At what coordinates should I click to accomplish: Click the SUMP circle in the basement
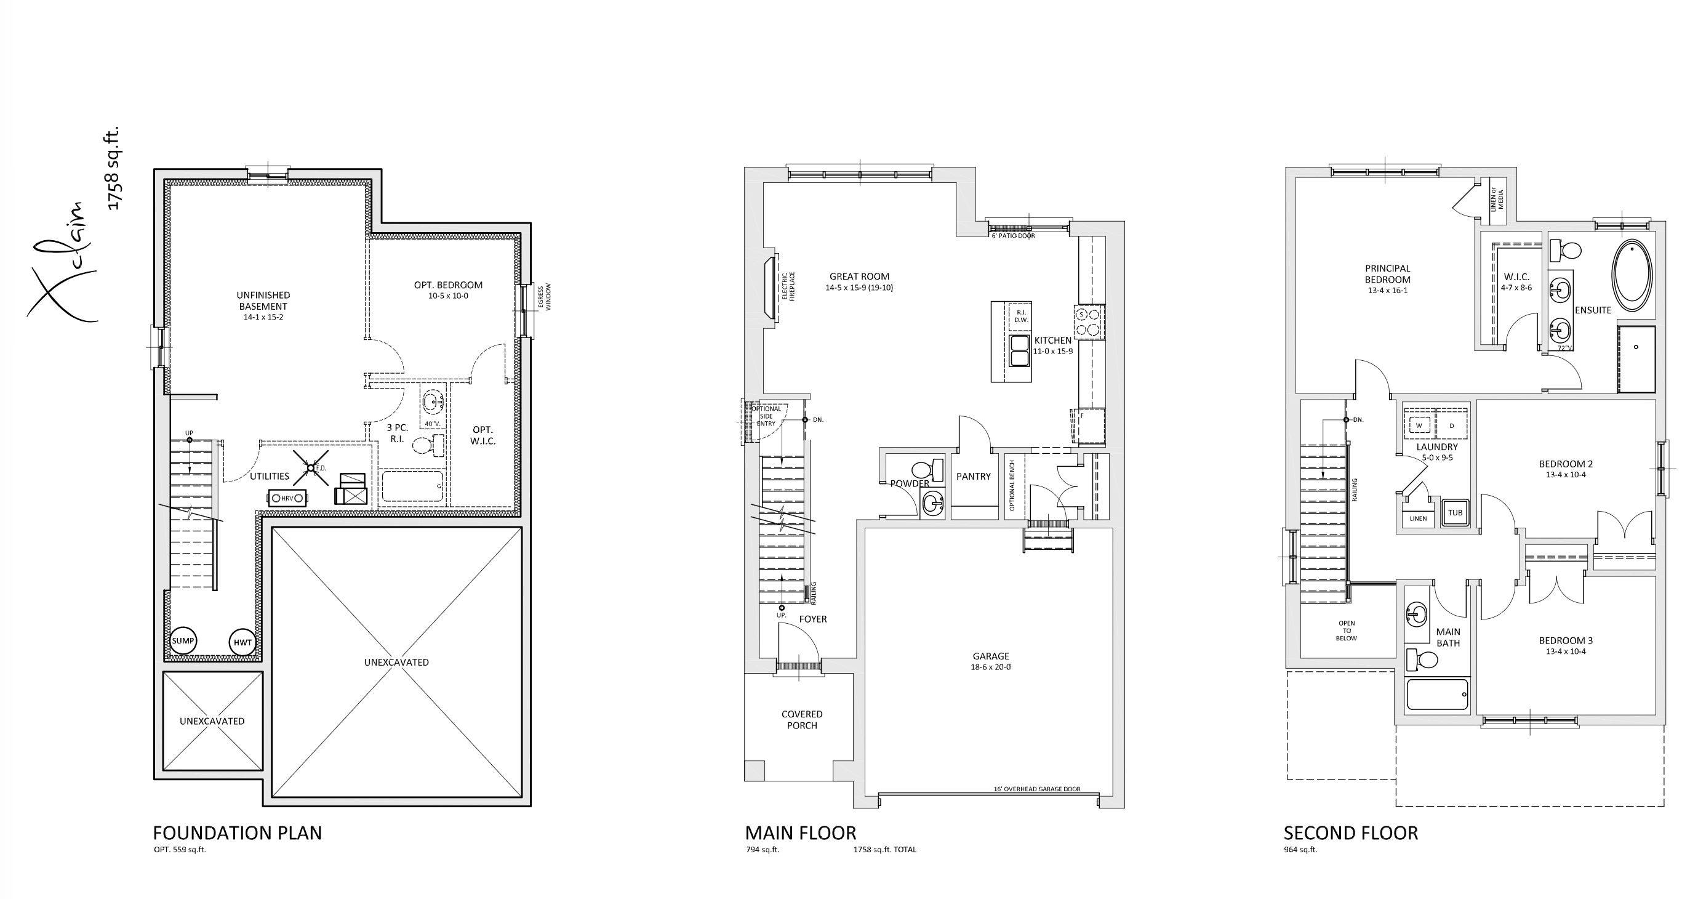click(183, 640)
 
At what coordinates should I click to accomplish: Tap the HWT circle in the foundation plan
click(241, 642)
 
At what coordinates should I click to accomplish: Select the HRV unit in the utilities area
click(287, 498)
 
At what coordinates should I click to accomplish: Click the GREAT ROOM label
click(859, 276)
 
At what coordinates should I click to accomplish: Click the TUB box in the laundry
click(1455, 512)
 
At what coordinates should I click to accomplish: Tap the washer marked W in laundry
click(1419, 425)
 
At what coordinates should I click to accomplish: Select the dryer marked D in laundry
click(1452, 425)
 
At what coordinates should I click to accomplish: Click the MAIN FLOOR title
click(800, 832)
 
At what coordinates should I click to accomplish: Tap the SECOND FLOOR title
click(1350, 832)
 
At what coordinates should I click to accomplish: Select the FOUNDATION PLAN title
click(237, 832)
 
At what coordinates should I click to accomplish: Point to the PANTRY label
click(974, 475)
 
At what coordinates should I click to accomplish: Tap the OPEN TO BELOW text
click(1347, 630)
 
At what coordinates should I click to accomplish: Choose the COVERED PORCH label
click(802, 719)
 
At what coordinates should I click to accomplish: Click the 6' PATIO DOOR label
click(1012, 236)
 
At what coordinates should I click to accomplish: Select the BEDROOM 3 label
click(1566, 640)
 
